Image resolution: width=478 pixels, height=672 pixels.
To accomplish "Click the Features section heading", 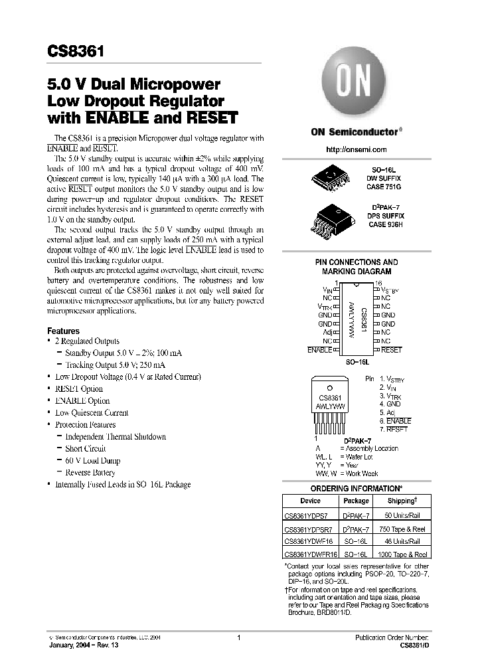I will click(x=63, y=331).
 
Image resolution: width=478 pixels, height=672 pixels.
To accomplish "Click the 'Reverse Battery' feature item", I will click(x=90, y=473).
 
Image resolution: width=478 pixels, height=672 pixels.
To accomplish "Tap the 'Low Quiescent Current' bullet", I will click(x=92, y=413).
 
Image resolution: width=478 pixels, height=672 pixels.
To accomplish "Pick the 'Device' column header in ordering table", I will click(x=310, y=501).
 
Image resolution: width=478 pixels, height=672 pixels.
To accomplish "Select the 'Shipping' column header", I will click(x=401, y=501).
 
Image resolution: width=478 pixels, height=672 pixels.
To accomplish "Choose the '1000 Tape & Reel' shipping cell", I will click(x=401, y=554).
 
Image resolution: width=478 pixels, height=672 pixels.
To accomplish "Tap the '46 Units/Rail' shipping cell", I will click(x=401, y=541).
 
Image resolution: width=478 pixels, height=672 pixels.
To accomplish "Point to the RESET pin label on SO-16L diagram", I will click(x=392, y=349).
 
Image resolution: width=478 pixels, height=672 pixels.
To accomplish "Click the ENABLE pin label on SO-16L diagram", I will click(x=319, y=349).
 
